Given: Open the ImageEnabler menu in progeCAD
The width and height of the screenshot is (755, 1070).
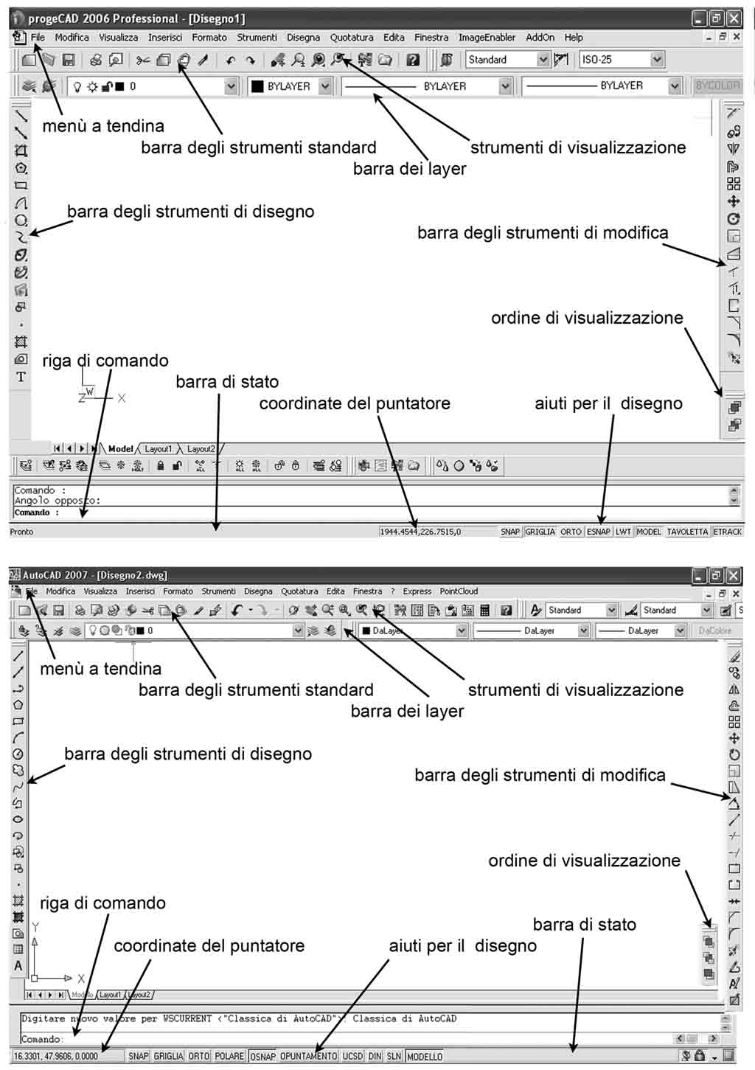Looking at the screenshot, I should [x=487, y=38].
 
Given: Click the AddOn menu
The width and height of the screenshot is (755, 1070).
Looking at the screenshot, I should [x=540, y=38].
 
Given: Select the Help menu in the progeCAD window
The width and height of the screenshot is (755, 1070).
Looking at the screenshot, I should [x=574, y=38].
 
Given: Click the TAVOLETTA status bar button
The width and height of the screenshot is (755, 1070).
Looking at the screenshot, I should [x=687, y=532].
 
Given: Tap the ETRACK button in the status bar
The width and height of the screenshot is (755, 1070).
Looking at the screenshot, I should [x=727, y=532].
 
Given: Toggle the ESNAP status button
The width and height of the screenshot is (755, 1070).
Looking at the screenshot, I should [x=599, y=532].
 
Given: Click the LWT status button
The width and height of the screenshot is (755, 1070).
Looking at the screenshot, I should [x=624, y=532].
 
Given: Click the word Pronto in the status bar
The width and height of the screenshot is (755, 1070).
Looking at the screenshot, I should [x=22, y=532].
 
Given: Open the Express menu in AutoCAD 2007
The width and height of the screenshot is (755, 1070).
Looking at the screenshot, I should [x=417, y=591].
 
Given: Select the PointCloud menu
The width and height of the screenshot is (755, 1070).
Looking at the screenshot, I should [x=459, y=591].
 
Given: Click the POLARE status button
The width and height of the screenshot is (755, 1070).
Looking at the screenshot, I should [x=229, y=1056].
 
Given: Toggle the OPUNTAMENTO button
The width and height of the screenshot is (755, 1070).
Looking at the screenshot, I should [x=308, y=1056].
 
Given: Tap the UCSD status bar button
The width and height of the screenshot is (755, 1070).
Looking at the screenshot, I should [x=352, y=1056].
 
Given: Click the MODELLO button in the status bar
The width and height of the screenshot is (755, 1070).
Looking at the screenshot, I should [x=425, y=1056].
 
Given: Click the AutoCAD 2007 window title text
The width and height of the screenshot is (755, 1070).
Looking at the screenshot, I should [x=95, y=575].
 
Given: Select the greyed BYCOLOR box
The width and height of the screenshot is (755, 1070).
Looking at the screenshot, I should [x=717, y=86].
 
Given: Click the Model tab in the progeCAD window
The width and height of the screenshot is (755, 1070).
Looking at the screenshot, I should [x=120, y=448].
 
